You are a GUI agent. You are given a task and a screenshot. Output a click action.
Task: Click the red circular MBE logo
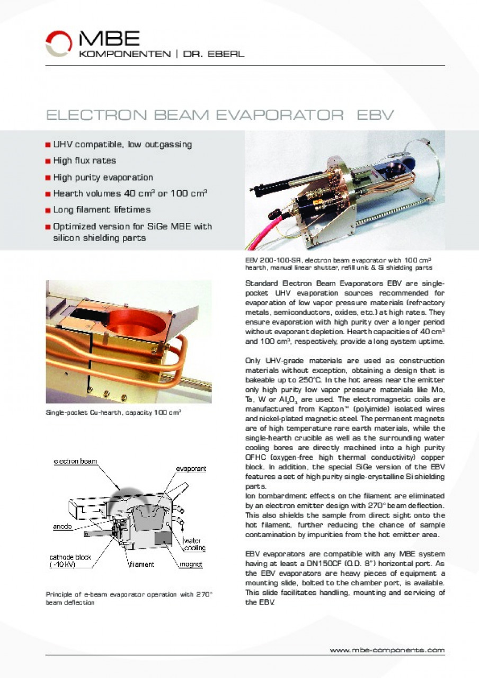tap(58, 43)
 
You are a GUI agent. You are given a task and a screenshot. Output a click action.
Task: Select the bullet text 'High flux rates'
tap(84, 160)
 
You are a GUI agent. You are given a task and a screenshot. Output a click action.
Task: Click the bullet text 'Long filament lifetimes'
tap(102, 210)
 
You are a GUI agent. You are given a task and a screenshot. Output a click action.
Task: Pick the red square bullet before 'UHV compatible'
tap(49, 145)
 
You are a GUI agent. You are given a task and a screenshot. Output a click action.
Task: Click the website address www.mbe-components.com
tap(387, 650)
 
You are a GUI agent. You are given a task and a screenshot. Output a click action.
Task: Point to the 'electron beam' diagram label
tap(75, 461)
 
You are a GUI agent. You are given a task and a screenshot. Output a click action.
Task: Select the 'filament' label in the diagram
tap(141, 565)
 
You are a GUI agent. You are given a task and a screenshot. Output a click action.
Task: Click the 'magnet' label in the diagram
tap(190, 565)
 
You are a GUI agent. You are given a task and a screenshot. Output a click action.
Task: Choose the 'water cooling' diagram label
tap(194, 544)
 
